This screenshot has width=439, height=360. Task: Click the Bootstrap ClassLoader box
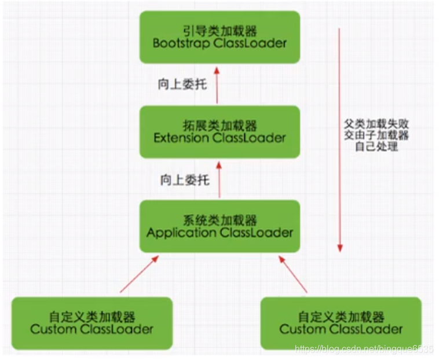tap(219, 37)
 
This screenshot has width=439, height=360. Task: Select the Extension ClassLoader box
tap(219, 132)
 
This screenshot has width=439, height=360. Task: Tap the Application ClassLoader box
tap(219, 226)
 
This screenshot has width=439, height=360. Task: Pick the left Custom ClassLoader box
tap(92, 324)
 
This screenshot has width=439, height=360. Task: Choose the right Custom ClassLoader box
tap(341, 324)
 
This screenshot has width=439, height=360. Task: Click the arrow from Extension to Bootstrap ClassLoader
tap(217, 85)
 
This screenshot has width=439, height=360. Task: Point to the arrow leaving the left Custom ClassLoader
tap(139, 274)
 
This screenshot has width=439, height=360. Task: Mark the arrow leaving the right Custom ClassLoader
tap(294, 274)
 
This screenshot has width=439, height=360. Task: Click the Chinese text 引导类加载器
tap(219, 31)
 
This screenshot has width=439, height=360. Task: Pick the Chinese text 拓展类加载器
tap(219, 126)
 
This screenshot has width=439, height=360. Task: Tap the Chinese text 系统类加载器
tap(219, 220)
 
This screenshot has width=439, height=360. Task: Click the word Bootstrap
tap(180, 43)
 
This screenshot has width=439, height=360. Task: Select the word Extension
tap(182, 138)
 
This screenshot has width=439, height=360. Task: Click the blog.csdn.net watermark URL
tap(364, 350)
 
